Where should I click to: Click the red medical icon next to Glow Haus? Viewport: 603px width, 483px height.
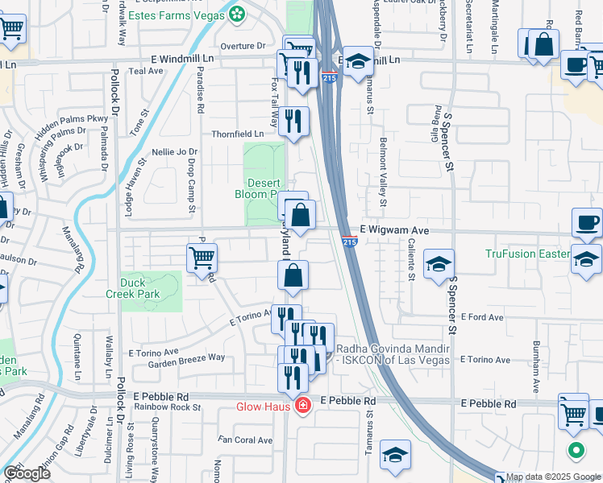(303, 406)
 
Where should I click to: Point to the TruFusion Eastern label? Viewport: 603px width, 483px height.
(527, 254)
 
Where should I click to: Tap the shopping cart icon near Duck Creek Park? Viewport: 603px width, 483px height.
(202, 258)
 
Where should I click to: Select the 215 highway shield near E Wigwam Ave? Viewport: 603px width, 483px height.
(349, 241)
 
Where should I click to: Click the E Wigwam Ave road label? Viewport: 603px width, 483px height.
(393, 230)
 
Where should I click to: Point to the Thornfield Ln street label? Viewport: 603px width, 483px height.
(237, 134)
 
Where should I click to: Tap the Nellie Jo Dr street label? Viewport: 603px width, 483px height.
(174, 151)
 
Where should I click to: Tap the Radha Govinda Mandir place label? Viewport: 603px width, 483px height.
(393, 354)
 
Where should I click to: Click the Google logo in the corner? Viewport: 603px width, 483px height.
(27, 473)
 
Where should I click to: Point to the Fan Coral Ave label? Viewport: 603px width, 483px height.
(247, 440)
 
